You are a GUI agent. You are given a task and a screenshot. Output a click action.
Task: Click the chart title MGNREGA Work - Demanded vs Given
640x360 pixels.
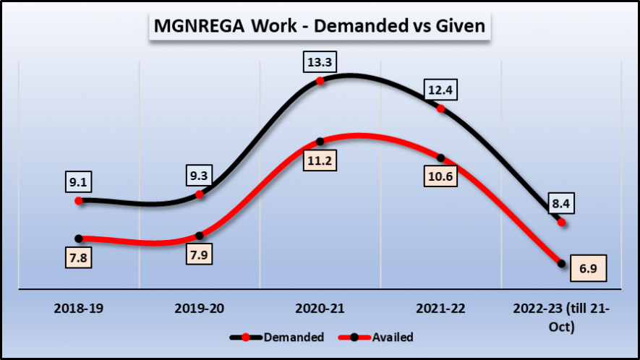[320, 27]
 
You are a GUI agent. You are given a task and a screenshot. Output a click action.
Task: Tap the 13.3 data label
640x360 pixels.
[320, 62]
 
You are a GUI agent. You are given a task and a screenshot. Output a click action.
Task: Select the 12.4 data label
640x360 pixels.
[441, 90]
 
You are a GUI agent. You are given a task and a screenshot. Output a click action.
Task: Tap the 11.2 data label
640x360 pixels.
[320, 161]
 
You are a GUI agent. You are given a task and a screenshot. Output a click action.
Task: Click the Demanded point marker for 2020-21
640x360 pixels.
[320, 81]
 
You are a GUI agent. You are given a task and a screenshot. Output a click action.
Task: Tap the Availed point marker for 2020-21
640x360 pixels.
[320, 142]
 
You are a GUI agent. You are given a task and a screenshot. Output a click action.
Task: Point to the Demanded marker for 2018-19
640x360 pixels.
[80, 200]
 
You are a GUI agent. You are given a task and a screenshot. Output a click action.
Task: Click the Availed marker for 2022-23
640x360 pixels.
[562, 264]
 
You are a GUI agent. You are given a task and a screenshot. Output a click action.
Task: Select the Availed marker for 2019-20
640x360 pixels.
[200, 235]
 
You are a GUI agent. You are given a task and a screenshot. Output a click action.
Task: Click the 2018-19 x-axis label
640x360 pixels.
[80, 309]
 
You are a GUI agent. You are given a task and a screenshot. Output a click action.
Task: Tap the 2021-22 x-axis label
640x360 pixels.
[441, 309]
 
